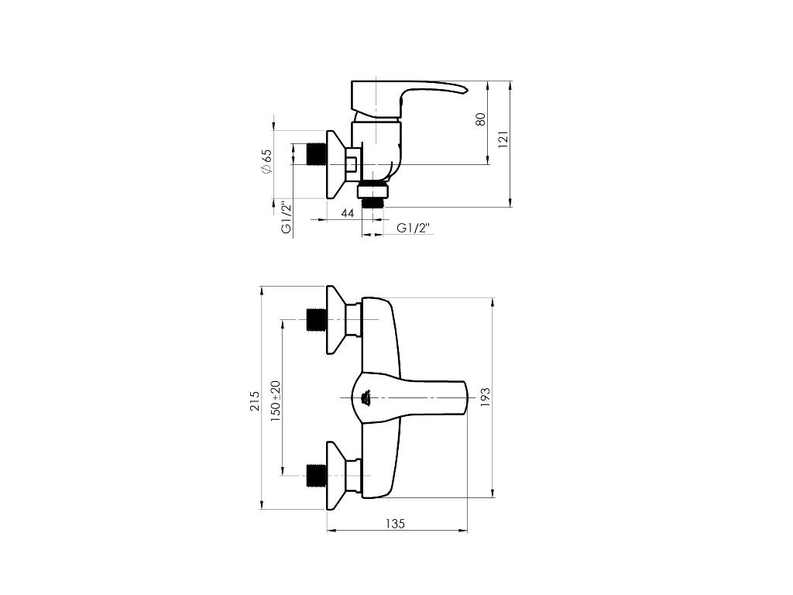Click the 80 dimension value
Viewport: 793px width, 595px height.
(x=481, y=119)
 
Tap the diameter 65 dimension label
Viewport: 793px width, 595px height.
(x=266, y=163)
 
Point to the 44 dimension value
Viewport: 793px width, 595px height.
(x=348, y=213)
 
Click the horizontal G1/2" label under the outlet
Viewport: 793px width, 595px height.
(x=414, y=228)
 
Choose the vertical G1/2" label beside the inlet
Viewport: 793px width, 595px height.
(x=287, y=218)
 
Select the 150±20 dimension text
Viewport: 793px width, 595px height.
(x=275, y=401)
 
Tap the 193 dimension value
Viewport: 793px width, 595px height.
(x=485, y=397)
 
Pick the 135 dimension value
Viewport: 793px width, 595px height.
(x=395, y=524)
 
